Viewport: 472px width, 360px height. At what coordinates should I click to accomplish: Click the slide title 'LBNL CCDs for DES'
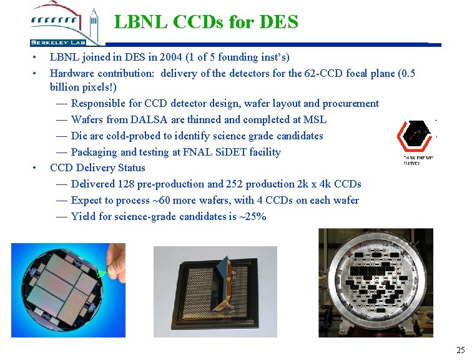tap(206, 22)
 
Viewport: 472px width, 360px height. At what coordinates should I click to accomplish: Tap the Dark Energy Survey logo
tap(417, 141)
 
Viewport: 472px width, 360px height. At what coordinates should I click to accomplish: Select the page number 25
tap(460, 350)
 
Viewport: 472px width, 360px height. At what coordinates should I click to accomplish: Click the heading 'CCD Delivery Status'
tap(97, 168)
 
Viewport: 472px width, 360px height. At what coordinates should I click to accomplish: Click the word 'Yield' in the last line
tap(84, 217)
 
